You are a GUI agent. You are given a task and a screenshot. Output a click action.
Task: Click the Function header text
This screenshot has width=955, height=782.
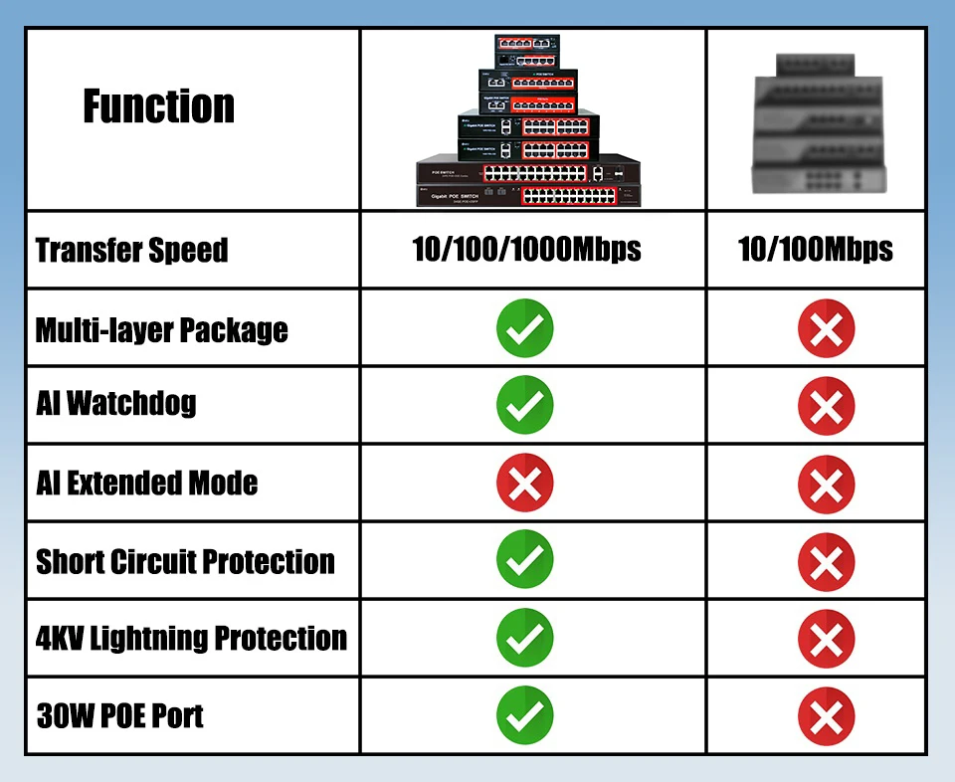159,105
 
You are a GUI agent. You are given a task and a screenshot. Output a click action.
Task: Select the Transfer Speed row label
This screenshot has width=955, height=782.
132,250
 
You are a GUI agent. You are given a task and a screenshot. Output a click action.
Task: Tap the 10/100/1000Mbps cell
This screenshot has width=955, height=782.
526,250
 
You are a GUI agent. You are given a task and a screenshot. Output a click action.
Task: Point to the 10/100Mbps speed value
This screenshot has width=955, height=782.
816,250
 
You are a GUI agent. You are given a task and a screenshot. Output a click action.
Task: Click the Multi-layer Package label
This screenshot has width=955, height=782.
162,329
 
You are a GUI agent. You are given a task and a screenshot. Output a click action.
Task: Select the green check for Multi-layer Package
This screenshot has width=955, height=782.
525,328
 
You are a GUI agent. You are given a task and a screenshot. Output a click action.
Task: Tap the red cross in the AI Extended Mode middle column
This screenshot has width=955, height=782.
525,484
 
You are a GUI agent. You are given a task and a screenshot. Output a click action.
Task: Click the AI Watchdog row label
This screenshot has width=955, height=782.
116,405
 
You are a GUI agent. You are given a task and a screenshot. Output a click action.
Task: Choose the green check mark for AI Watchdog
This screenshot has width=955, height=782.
525,406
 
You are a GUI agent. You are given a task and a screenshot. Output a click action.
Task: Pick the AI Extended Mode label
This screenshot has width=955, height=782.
147,484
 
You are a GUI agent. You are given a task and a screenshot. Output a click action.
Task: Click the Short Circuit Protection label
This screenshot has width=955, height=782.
186,561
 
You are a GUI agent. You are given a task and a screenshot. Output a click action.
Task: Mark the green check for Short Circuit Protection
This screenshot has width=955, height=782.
525,560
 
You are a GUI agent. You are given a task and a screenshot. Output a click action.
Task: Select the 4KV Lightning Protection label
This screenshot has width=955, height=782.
192,638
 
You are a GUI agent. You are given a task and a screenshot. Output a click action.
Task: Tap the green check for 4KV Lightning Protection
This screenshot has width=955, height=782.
525,638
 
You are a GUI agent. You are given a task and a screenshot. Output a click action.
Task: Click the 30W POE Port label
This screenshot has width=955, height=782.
120,715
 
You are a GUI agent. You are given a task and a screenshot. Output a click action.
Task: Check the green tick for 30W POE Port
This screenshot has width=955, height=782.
525,715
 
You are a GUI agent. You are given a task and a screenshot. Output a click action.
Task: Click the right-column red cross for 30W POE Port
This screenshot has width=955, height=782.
826,715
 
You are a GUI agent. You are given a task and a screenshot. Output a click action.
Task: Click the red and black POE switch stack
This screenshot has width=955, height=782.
527,121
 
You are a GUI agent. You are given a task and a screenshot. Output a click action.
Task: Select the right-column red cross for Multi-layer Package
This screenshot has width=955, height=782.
826,328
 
